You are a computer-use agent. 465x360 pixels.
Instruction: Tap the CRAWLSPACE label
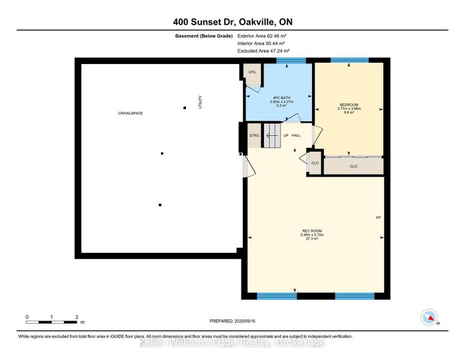tap(130, 113)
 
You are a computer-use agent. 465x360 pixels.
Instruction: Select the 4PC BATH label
tap(280, 99)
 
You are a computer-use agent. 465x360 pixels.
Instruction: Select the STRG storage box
tap(254, 136)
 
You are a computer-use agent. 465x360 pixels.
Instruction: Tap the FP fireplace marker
tap(378, 217)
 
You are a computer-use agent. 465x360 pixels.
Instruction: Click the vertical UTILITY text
tap(200, 101)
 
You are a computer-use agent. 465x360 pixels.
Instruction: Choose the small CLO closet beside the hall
tap(315, 163)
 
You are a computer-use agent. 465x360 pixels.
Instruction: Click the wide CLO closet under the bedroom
tap(353, 166)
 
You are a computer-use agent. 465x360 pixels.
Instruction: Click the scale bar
tap(52, 321)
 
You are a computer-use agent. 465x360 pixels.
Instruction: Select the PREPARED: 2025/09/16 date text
tap(232, 321)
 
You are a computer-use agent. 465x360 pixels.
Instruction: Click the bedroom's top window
tap(349, 60)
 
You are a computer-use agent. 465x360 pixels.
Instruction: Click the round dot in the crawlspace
tap(162, 153)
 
